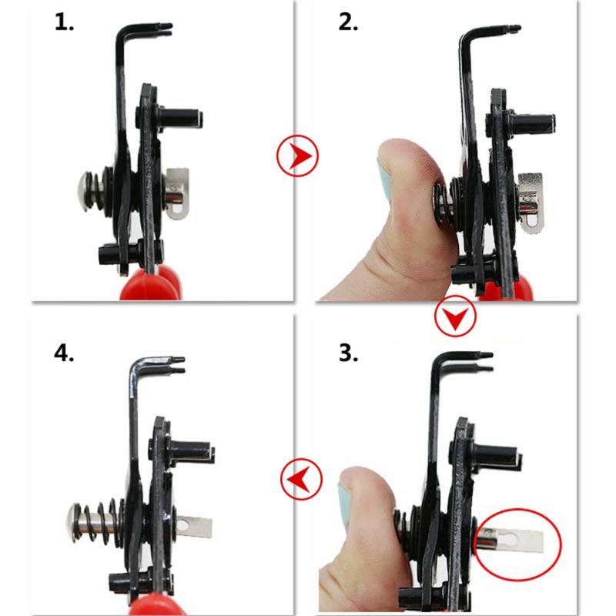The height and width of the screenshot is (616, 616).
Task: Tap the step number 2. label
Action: point(349,22)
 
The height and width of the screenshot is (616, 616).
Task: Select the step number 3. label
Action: point(349,353)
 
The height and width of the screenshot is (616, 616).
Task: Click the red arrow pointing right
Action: point(297,156)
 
